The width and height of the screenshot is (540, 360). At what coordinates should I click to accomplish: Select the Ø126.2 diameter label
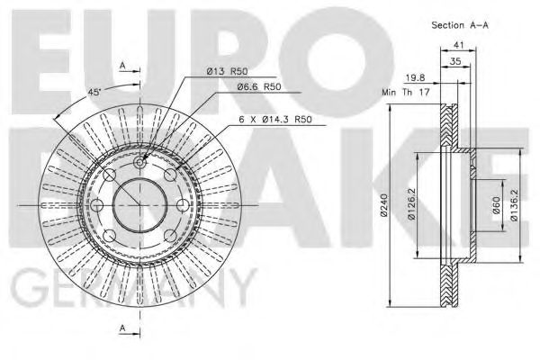[412, 205]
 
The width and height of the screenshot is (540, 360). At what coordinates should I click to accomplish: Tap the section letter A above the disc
[123, 65]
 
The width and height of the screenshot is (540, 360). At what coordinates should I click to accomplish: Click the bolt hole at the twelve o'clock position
[142, 161]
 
